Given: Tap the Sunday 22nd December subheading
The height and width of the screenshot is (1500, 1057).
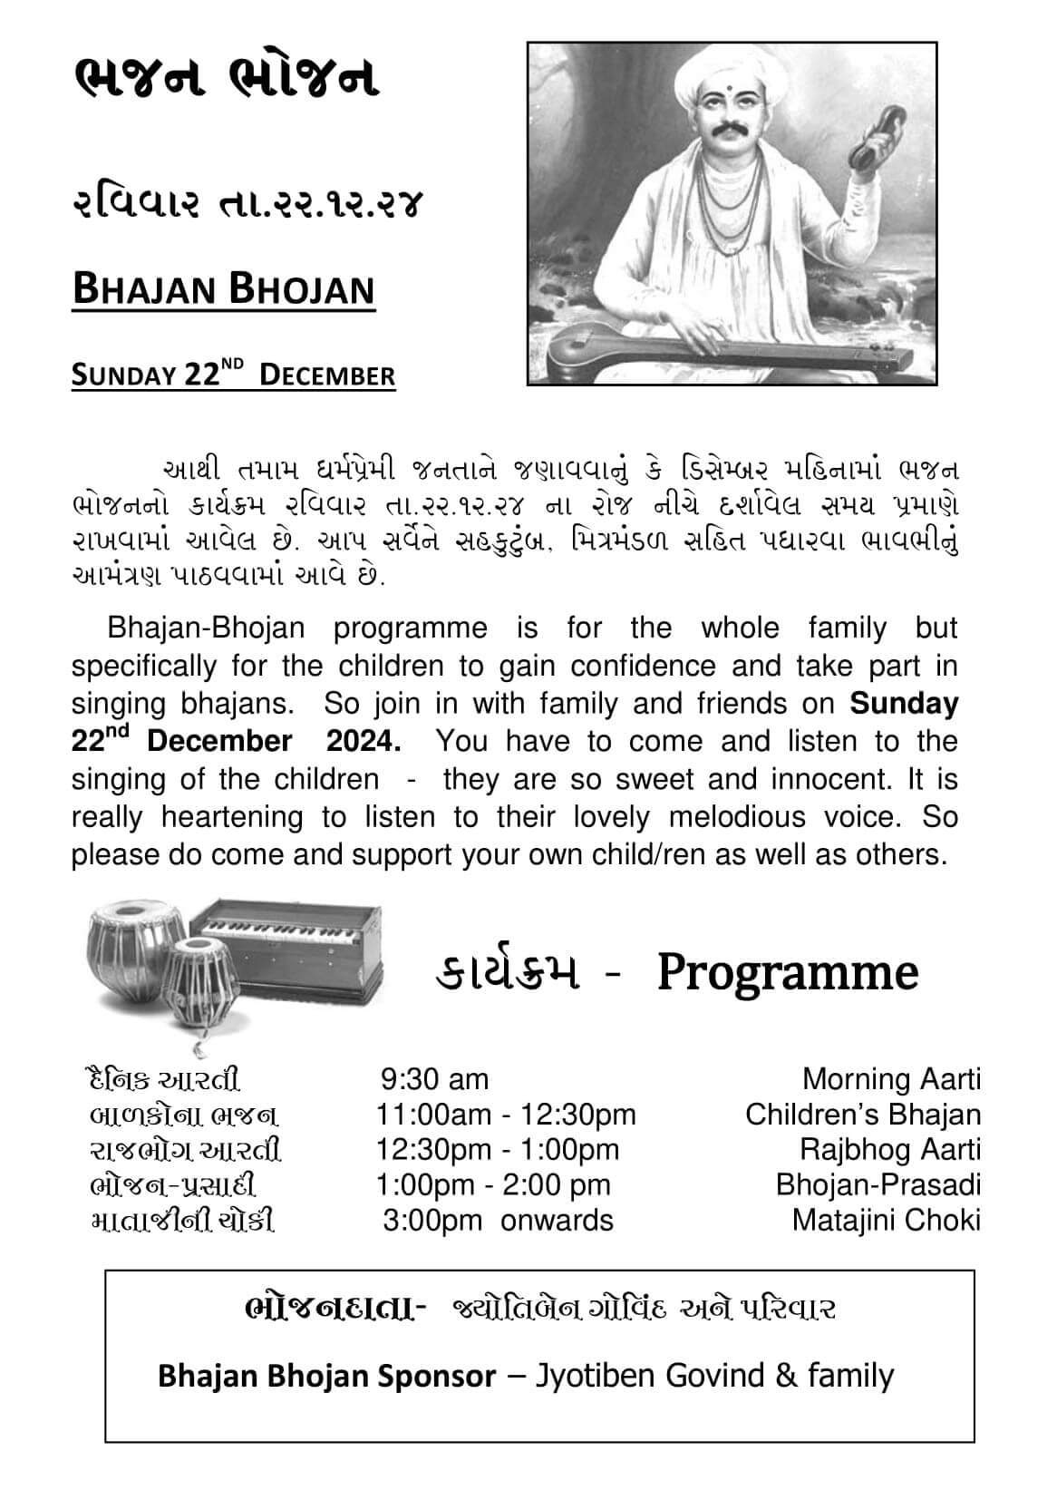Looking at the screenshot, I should click(x=233, y=375).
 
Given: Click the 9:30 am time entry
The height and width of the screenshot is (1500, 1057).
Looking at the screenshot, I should click(x=434, y=1079).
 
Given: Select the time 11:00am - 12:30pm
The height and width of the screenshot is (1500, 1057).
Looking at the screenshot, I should click(x=506, y=1115).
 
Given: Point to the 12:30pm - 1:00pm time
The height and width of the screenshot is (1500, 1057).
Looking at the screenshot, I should click(x=498, y=1150).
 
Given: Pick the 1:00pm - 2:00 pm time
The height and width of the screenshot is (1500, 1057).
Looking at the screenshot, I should click(x=493, y=1184).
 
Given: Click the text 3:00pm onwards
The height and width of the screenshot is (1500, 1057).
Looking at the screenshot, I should click(x=498, y=1220).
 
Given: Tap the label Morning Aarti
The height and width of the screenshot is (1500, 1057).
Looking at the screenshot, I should click(x=891, y=1079).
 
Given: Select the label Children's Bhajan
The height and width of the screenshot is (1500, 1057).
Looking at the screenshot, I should click(x=862, y=1115).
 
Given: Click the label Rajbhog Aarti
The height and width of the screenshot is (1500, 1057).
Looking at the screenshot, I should click(x=889, y=1150).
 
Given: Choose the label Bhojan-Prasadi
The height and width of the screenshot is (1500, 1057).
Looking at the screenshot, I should click(x=878, y=1184).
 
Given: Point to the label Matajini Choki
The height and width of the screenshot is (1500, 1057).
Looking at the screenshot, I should click(x=886, y=1220).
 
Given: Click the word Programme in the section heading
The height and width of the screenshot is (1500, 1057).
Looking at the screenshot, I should click(x=787, y=972).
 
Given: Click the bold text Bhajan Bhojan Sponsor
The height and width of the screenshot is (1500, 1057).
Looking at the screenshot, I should click(x=326, y=1376).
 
